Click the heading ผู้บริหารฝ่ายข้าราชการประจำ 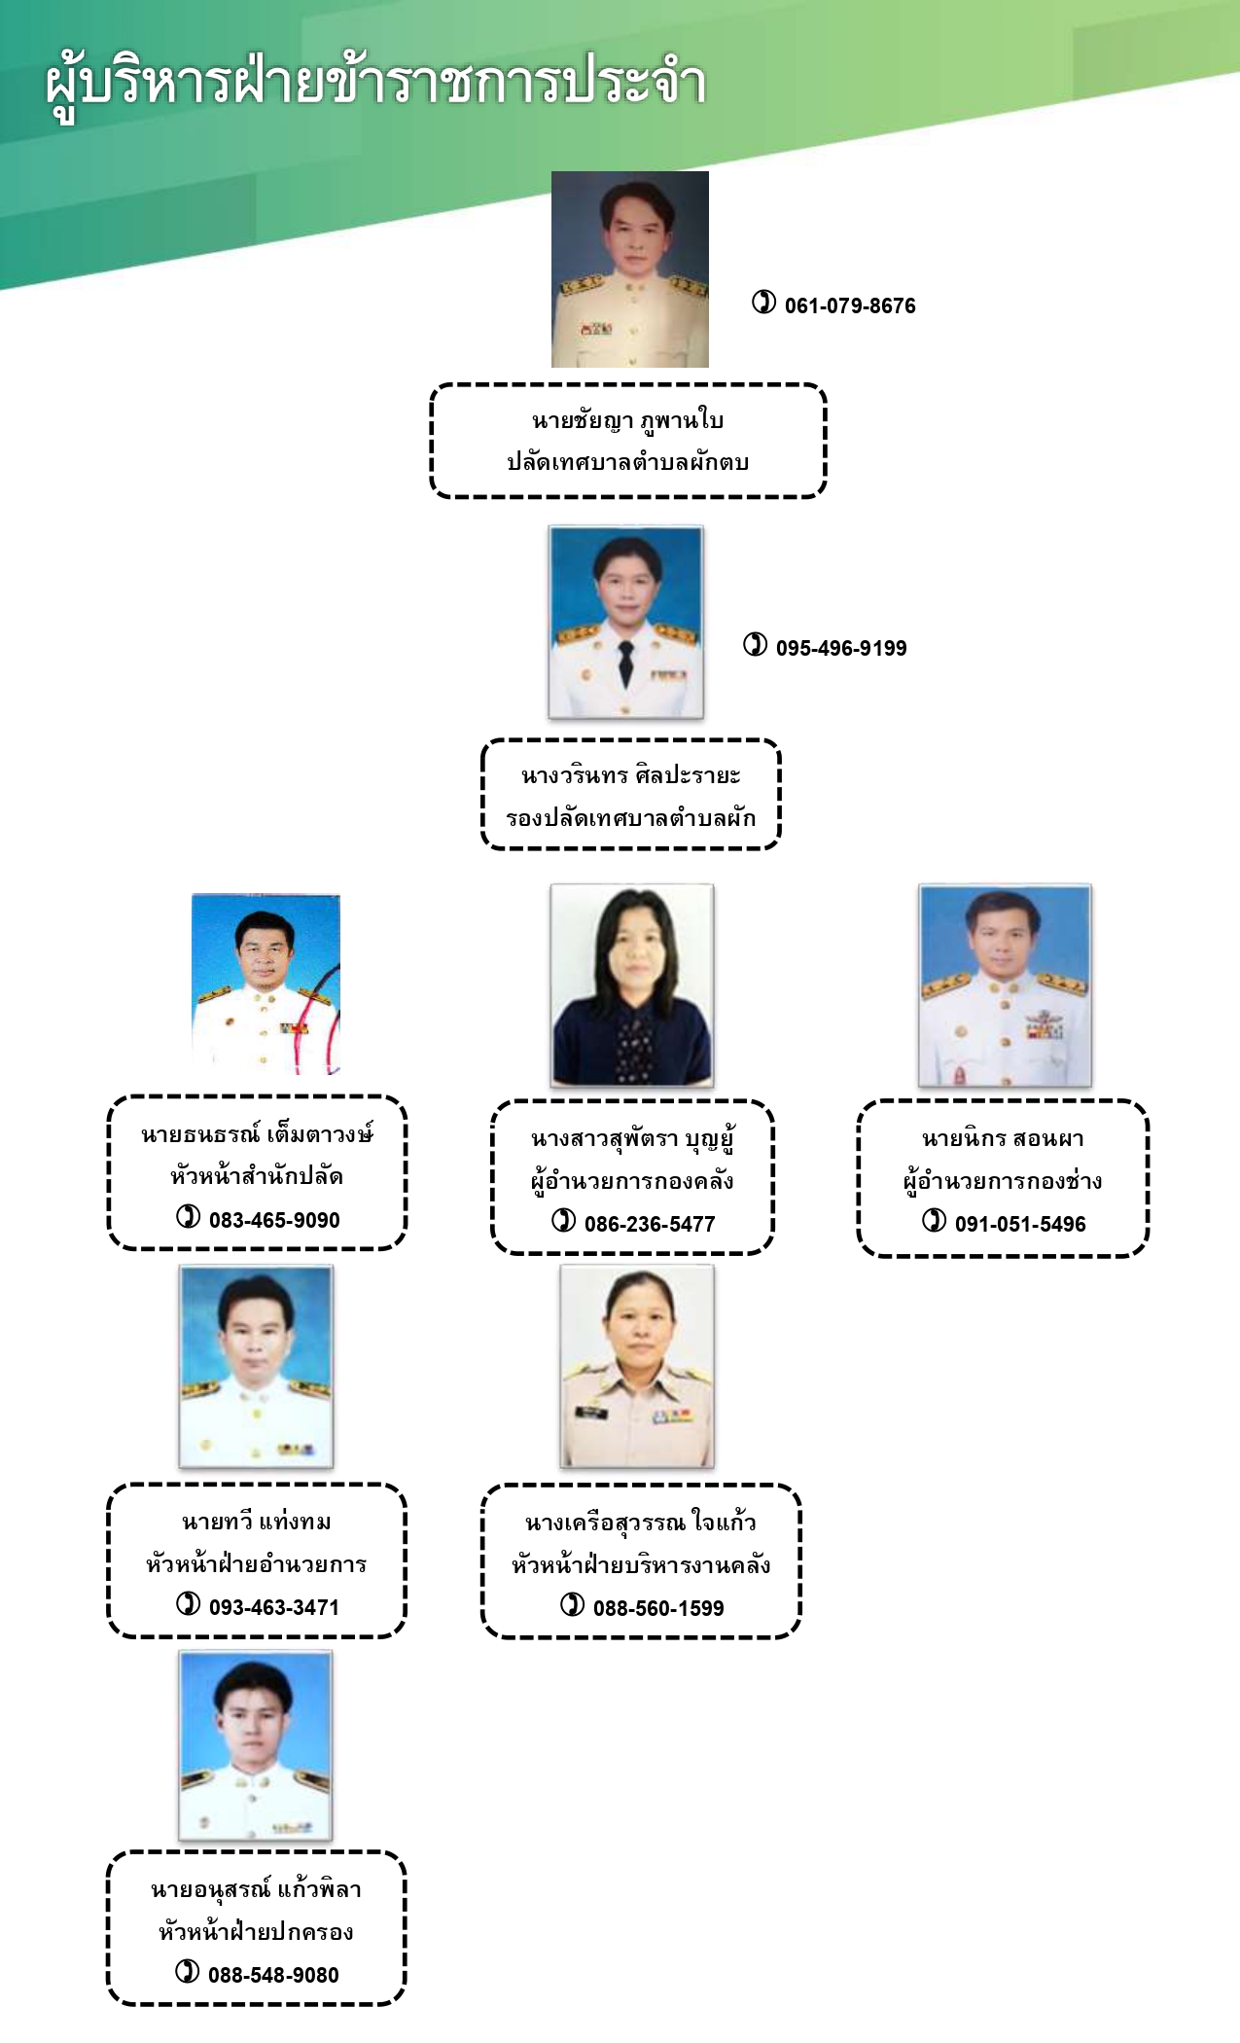coord(375,84)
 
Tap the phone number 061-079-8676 coord(850,305)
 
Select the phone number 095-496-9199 coord(841,648)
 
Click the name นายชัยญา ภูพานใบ coord(627,420)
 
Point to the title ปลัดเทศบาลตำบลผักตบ coord(628,462)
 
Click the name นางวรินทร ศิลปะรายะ coord(631,775)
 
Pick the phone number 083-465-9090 coord(274,1220)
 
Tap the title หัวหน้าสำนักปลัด coord(257,1176)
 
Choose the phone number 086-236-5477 coord(650,1224)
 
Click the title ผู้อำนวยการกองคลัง coord(632,1181)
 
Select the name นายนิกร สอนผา coord(1003,1138)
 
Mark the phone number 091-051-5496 coord(1020,1224)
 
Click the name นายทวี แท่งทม coord(257,1522)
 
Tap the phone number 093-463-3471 coord(274,1607)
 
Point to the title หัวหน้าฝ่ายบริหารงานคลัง coord(641,1565)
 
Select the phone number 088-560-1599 coord(658,1608)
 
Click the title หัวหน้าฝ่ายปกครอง coord(256,1932)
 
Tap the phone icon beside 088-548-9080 coord(188,1972)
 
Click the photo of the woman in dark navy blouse coord(632,986)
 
